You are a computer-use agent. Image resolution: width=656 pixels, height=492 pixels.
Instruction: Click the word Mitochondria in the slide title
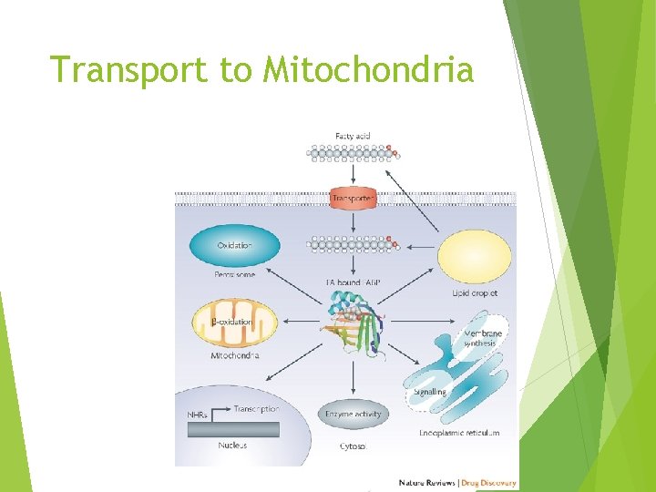point(368,69)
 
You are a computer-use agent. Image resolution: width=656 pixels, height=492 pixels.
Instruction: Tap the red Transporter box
point(352,198)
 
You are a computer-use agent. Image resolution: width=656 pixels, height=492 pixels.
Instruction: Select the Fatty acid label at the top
point(353,136)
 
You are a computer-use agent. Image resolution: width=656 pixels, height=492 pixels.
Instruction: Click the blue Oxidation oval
point(234,245)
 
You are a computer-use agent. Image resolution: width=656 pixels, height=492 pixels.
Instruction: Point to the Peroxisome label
point(234,274)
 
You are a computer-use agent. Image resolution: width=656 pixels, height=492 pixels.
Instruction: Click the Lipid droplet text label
point(475,293)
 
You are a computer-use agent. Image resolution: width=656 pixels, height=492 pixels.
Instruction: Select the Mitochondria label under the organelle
point(234,355)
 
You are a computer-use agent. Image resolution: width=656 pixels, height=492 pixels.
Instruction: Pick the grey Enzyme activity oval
point(354,415)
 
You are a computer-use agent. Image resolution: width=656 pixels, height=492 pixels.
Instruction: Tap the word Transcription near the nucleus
point(256,409)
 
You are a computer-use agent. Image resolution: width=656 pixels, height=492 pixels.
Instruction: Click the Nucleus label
point(232,446)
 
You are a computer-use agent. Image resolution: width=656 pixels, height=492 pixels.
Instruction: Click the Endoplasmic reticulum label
point(459,434)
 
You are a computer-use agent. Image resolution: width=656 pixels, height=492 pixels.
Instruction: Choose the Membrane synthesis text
point(483,338)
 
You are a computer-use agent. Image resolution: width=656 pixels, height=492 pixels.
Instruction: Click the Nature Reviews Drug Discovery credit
point(457,483)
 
